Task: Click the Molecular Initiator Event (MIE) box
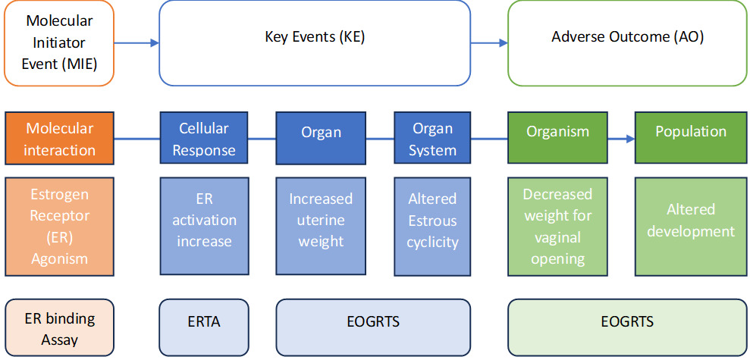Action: [59, 43]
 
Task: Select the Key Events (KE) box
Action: [315, 43]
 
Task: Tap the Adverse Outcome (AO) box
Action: [626, 43]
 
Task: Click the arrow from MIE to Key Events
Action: [137, 43]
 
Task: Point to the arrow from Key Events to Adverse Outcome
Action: [489, 43]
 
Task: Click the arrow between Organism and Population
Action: [621, 139]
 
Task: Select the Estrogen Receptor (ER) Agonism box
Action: [59, 227]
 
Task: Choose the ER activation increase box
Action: [204, 227]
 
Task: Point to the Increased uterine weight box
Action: [321, 227]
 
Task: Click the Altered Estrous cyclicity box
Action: [432, 227]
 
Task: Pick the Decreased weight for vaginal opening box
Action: [557, 227]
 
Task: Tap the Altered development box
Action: [690, 227]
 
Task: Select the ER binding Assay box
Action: [59, 327]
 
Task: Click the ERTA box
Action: [204, 327]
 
